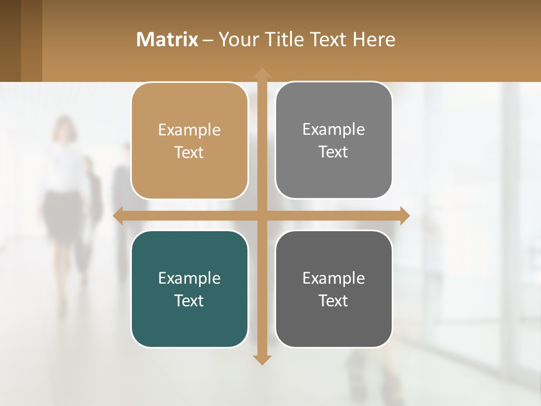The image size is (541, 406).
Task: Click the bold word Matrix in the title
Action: pos(167,39)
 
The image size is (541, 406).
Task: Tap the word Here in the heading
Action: pos(374,39)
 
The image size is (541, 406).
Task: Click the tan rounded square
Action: pos(189,141)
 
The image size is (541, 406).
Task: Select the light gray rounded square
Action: pos(334,140)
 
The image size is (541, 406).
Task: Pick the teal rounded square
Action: pos(189,289)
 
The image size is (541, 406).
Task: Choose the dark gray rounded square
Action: pos(334,289)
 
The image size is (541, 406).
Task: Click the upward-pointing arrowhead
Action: pos(261,73)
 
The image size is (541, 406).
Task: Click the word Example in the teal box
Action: pos(189,278)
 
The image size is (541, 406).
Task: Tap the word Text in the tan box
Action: pos(189,153)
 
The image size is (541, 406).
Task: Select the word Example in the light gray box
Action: pos(334,129)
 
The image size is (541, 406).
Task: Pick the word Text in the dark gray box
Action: pos(334,301)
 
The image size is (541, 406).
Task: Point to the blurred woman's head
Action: pos(64,129)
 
